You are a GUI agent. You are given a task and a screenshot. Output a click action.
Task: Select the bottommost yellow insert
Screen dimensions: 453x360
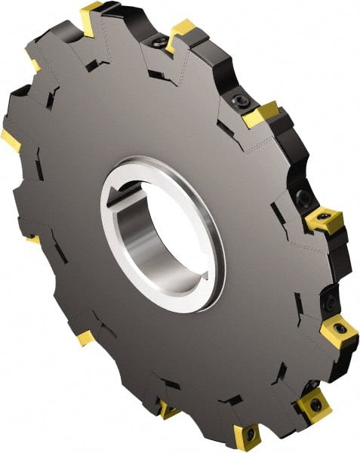tap(247, 436)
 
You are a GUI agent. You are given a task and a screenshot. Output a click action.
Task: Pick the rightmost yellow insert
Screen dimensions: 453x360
tap(338, 332)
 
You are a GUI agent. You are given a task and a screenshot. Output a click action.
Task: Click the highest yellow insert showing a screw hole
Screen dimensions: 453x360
tap(325, 220)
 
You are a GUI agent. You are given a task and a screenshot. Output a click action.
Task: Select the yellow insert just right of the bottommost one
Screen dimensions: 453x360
tap(312, 404)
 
